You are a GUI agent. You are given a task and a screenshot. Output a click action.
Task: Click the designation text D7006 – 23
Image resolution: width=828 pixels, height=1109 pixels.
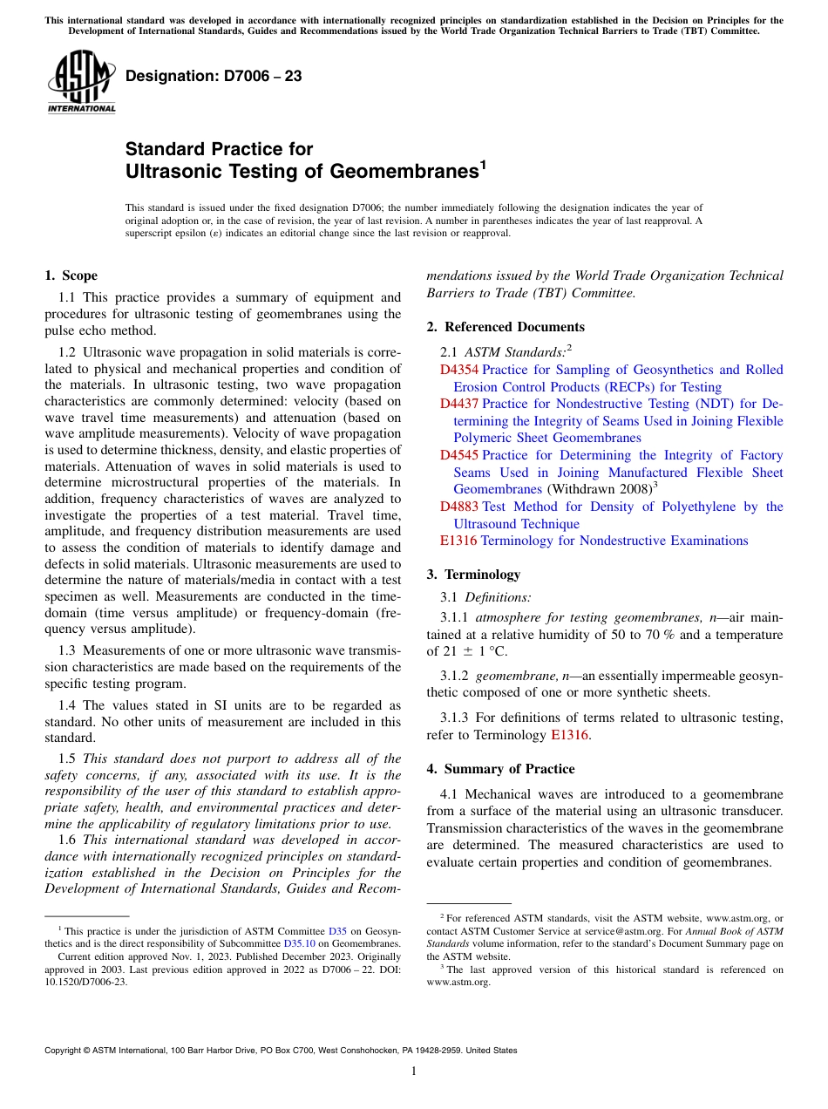click(x=214, y=76)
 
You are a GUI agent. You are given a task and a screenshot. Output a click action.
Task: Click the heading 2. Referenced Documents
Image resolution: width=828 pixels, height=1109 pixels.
click(x=506, y=327)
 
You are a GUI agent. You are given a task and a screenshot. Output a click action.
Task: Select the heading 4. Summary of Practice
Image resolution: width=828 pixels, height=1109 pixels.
click(x=500, y=769)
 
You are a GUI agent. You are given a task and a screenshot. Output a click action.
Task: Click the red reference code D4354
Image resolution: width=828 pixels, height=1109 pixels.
click(x=458, y=370)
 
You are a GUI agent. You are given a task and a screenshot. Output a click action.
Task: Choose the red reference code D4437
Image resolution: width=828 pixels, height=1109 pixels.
click(x=458, y=404)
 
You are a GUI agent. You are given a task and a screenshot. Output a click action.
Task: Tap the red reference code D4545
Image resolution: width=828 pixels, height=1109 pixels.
click(x=458, y=455)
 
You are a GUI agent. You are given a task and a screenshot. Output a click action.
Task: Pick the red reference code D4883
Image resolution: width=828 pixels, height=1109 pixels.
click(x=458, y=507)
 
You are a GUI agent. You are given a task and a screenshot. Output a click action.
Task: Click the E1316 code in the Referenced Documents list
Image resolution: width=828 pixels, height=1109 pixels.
click(x=458, y=541)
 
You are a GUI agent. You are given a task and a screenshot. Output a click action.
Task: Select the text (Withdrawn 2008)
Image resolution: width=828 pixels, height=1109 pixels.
click(x=599, y=489)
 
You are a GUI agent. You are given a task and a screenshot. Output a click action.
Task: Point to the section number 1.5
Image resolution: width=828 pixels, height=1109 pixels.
click(x=68, y=759)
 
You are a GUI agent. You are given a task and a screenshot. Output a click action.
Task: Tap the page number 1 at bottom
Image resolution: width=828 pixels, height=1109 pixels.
click(x=414, y=1072)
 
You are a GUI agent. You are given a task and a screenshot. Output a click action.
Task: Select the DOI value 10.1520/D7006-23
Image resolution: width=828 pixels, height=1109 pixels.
click(x=85, y=981)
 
